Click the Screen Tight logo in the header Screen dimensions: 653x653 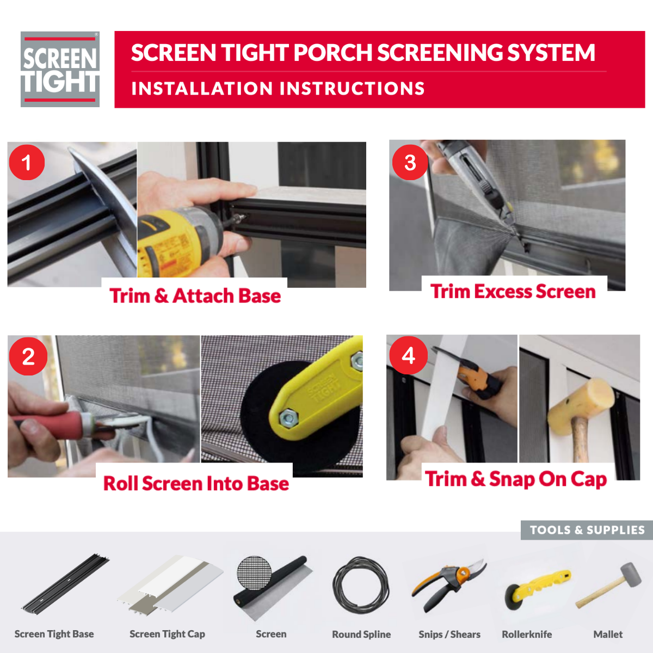[60, 69]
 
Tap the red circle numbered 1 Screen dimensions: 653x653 [27, 162]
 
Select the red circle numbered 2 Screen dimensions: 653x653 [28, 356]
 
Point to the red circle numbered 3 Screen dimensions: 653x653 [410, 162]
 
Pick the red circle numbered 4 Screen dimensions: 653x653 [408, 355]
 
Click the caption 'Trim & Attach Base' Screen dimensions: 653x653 [195, 296]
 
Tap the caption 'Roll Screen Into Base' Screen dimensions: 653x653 [196, 483]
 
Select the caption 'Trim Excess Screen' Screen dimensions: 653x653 [513, 292]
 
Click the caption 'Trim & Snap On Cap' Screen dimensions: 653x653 [516, 479]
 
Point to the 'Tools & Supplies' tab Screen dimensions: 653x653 [587, 530]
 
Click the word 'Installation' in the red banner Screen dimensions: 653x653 [202, 89]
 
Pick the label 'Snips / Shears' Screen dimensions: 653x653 [449, 634]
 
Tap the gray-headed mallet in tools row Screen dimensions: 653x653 [609, 586]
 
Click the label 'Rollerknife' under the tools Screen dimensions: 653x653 [527, 634]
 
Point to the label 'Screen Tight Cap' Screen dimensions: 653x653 [168, 634]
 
